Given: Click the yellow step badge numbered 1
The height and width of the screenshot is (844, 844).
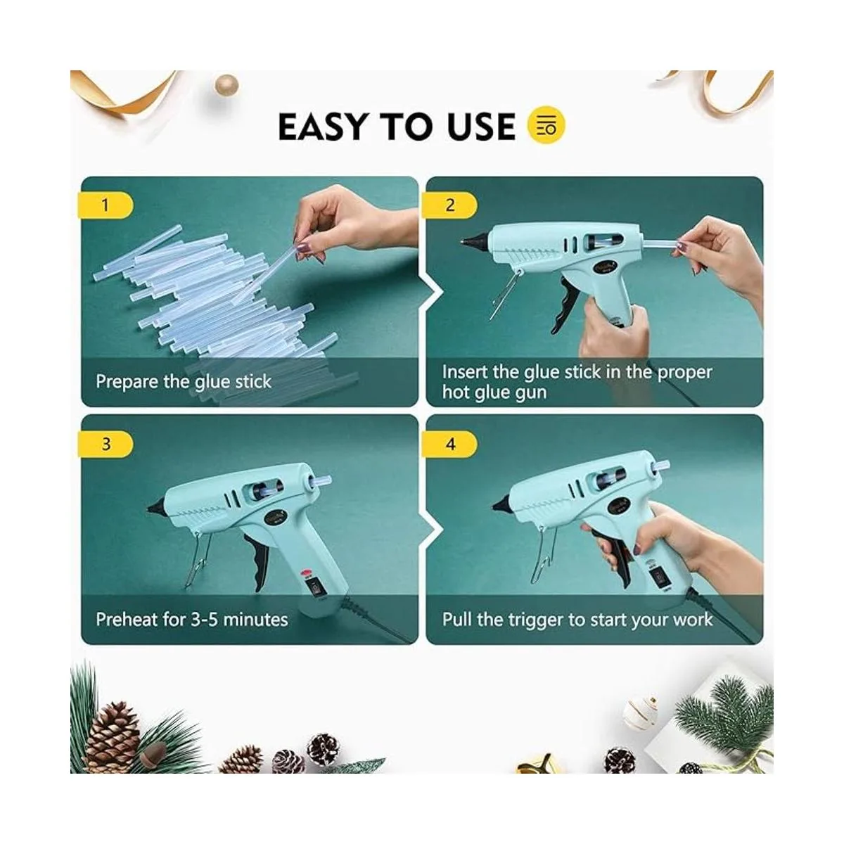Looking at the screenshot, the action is [x=105, y=205].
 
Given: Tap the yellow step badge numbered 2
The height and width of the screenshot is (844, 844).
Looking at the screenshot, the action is [x=449, y=205].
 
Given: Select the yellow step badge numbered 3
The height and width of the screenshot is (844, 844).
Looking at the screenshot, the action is [x=105, y=444].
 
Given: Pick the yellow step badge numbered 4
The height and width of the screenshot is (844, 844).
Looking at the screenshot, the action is [x=449, y=444].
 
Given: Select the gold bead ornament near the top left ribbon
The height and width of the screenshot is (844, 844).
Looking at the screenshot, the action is [x=226, y=85].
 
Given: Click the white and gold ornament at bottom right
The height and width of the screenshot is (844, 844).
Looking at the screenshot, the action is [x=640, y=712].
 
